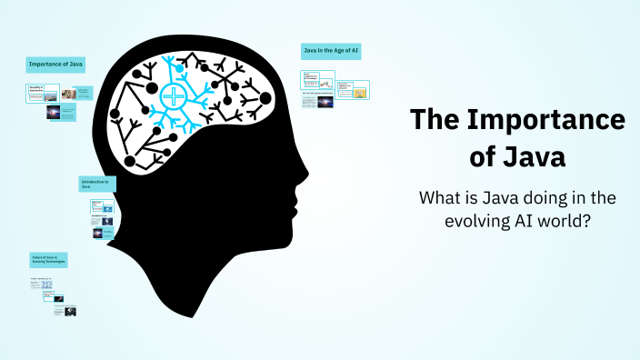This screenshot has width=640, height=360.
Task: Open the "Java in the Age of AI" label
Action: tap(331, 51)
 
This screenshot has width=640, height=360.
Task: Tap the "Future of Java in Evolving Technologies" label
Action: tap(48, 260)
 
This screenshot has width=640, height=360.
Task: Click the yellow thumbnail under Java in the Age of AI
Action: tap(361, 92)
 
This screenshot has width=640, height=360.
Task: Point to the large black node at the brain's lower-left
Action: tap(129, 162)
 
